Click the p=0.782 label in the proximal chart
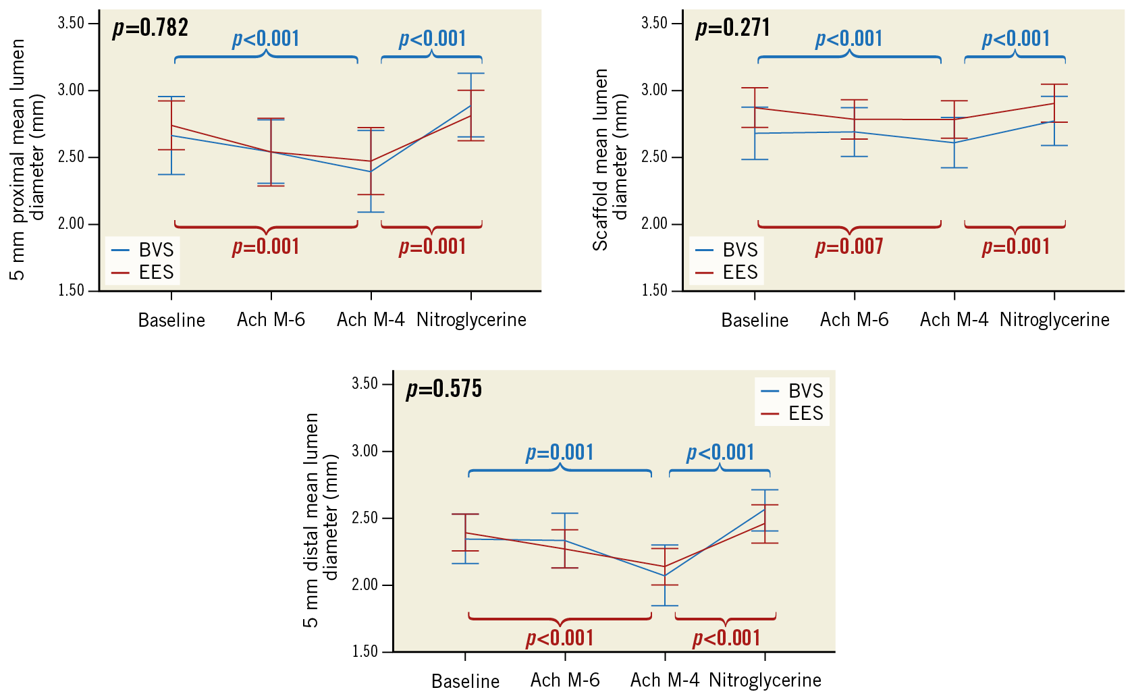151,28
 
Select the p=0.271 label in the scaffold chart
733,28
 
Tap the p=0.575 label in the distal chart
444,389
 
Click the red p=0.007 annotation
849,247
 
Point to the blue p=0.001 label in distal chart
560,452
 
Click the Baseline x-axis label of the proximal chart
171,320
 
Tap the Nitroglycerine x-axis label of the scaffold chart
1054,320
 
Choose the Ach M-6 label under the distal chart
565,680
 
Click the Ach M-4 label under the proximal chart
371,320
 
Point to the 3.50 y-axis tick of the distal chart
365,383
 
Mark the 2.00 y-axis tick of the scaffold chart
654,223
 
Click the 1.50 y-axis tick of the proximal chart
71,290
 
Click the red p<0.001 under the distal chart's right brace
727,638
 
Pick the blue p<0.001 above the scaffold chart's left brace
849,39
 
